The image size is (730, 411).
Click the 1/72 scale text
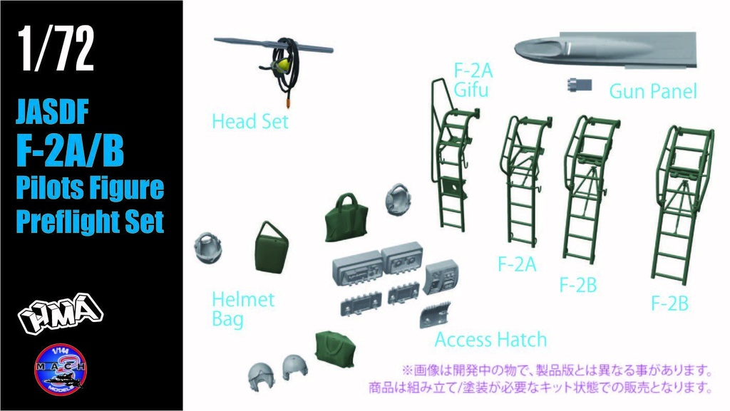(56, 51)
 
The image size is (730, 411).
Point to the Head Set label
(250, 122)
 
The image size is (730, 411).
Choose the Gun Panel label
(652, 91)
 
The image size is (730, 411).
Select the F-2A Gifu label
(473, 80)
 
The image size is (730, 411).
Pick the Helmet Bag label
(242, 309)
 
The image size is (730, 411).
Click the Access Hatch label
(490, 339)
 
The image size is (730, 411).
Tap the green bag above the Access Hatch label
(344, 218)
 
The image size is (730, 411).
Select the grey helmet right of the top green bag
(399, 200)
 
